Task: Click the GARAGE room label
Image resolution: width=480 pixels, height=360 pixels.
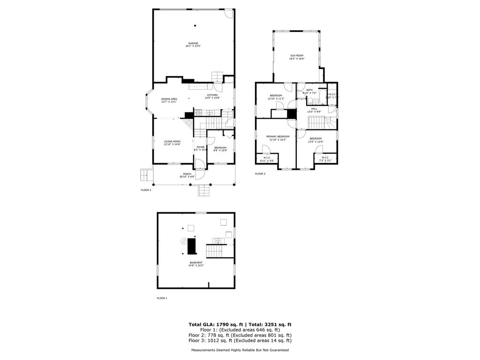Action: (x=194, y=43)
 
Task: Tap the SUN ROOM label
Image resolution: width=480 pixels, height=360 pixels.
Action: (x=296, y=56)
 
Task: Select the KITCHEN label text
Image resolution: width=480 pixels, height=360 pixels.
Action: (x=212, y=95)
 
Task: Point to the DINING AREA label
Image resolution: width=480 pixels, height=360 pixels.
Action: (x=169, y=99)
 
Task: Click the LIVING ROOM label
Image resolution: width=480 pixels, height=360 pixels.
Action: (x=172, y=142)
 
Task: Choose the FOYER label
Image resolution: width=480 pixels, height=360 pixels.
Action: (x=201, y=147)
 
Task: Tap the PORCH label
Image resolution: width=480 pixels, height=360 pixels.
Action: (x=187, y=174)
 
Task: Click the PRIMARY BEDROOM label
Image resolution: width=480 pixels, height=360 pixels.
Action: (x=277, y=136)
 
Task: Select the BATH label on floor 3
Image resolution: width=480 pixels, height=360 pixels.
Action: (x=309, y=90)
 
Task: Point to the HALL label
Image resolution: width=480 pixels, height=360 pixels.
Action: (x=314, y=109)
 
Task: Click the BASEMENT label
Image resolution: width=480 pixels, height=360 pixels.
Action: (x=196, y=262)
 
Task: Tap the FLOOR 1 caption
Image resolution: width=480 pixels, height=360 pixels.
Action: (x=162, y=298)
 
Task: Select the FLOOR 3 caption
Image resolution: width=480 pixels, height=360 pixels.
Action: (x=260, y=174)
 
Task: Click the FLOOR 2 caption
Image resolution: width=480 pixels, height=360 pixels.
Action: (x=146, y=190)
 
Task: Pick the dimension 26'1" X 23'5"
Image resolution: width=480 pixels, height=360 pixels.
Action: (x=194, y=46)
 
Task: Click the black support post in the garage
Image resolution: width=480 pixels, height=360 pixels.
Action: (x=195, y=25)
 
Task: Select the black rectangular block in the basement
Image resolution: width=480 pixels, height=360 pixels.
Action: (x=191, y=246)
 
